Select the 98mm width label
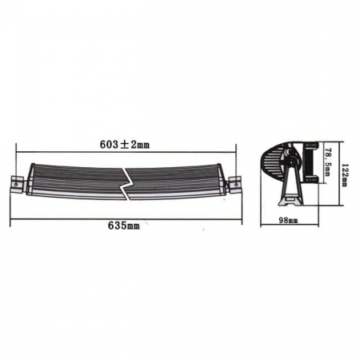pos(289,218)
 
